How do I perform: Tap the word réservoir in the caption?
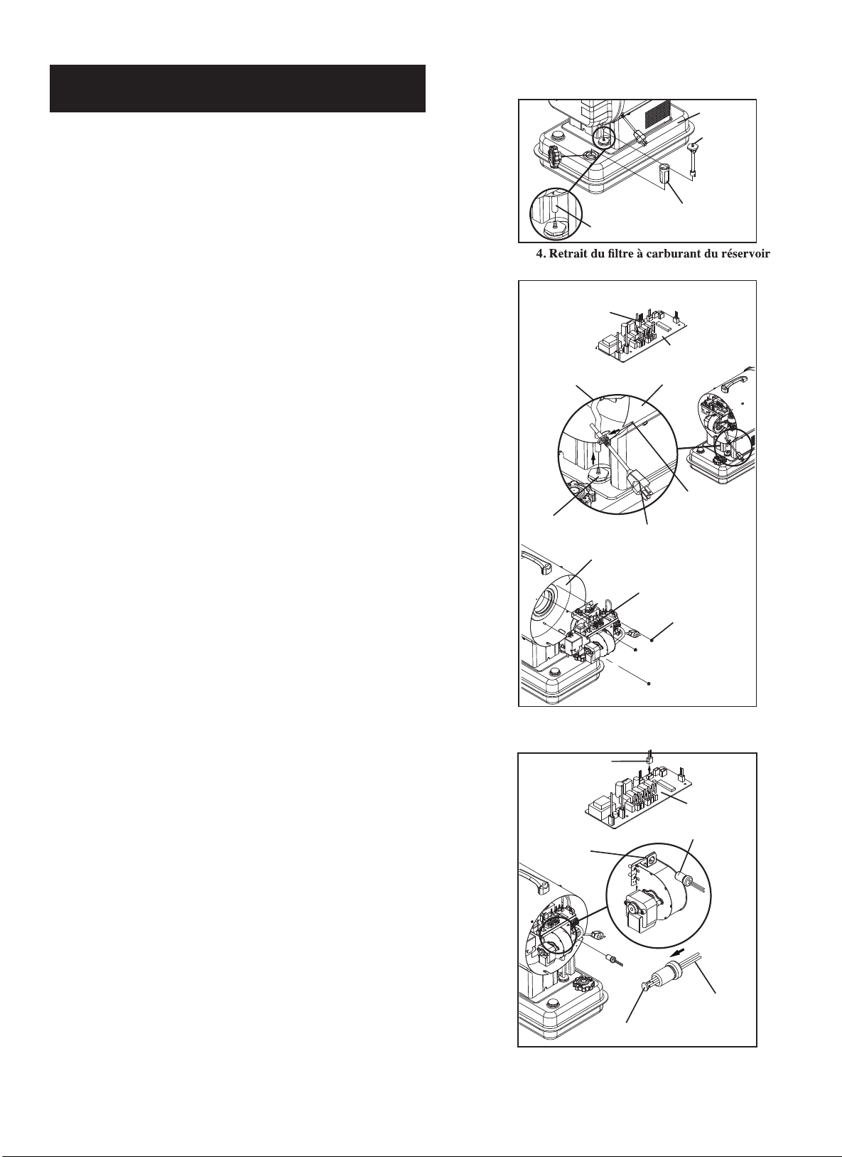[747, 254]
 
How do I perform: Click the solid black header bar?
[237, 88]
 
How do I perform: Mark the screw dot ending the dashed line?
[649, 683]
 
